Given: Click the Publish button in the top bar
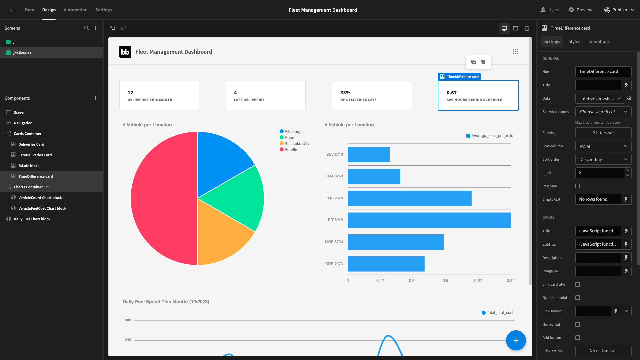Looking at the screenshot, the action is [619, 10].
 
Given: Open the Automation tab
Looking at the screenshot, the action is [76, 10].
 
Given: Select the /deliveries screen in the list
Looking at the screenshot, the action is [22, 53].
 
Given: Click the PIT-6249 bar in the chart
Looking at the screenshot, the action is [429, 220].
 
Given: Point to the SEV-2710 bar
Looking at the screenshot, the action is [369, 155].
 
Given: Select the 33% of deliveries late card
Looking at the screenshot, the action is [372, 95].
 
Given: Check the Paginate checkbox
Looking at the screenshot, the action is [578, 186].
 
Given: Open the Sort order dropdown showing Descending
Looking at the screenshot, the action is [603, 159].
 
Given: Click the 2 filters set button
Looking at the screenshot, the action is [603, 133].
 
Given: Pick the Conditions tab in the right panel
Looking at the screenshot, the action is [599, 42].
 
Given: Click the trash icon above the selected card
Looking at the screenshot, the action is [483, 62].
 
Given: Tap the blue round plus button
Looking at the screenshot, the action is [516, 340].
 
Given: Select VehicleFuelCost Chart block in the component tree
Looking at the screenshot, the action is [42, 208].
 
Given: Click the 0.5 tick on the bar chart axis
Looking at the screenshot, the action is [445, 281].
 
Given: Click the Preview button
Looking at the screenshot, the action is [580, 10].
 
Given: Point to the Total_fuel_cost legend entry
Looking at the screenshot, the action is [497, 313].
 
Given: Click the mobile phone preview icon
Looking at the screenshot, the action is [527, 28].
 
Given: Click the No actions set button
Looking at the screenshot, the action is [603, 351].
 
